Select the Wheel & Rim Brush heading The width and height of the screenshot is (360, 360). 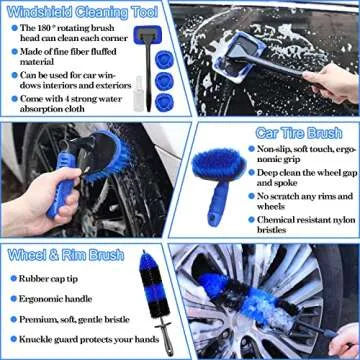(x=66, y=255)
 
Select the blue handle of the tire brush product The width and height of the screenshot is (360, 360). (x=215, y=208)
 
